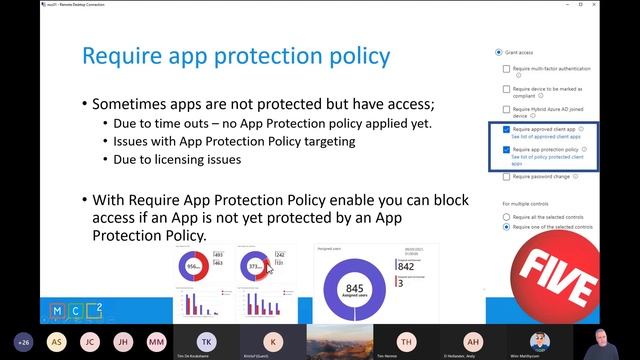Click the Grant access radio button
[499, 52]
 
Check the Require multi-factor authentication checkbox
[507, 69]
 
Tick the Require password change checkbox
[507, 175]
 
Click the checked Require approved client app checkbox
[507, 130]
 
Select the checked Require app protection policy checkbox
[507, 149]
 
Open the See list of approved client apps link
[546, 137]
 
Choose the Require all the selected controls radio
[507, 216]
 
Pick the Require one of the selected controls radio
[507, 227]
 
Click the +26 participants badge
[23, 341]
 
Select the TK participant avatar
[206, 340]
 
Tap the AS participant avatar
[57, 341]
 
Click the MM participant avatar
[157, 341]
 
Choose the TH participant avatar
[405, 340]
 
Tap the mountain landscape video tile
[339, 341]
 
